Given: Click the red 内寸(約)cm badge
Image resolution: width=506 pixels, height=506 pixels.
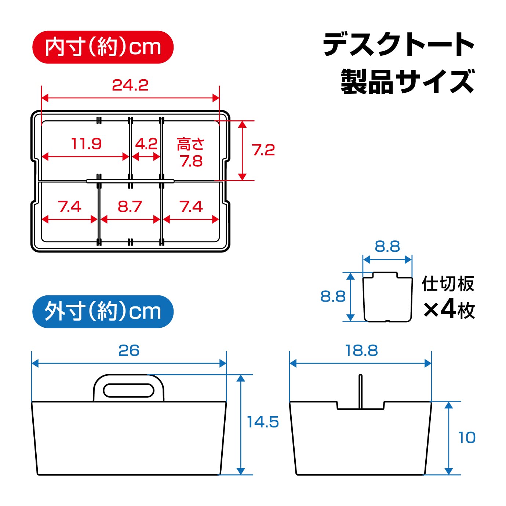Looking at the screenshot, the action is [x=103, y=47].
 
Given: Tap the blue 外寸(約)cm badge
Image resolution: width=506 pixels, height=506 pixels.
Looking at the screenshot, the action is [x=103, y=312].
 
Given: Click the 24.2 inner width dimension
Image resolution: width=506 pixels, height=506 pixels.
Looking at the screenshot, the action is [x=130, y=85].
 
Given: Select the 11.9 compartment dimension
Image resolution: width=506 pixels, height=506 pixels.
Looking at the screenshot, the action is [x=86, y=144].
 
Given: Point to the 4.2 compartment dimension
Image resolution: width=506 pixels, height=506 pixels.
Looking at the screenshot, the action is [x=146, y=144].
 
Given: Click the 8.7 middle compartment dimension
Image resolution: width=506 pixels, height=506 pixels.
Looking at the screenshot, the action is [x=130, y=206].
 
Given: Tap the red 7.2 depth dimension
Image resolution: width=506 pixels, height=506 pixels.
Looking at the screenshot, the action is [x=263, y=150].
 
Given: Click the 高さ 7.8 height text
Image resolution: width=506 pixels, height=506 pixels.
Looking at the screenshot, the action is [x=191, y=153].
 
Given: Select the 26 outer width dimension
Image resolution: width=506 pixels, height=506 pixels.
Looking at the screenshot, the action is [x=129, y=350].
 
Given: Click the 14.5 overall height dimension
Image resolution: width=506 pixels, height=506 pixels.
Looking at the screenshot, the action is [x=263, y=422].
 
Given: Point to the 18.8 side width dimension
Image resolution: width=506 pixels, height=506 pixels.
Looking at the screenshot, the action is [x=361, y=350].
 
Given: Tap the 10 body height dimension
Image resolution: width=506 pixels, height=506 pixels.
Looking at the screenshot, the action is [x=467, y=438].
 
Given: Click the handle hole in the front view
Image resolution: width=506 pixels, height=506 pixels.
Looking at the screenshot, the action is [x=129, y=390].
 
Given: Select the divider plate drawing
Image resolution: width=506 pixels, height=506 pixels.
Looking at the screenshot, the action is [x=387, y=297].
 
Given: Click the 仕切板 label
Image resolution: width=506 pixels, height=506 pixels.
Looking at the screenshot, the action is [x=448, y=284].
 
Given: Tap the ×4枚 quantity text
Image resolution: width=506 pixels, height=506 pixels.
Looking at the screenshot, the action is [x=449, y=310].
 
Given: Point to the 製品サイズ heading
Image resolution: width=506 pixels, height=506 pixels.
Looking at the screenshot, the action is [x=408, y=81].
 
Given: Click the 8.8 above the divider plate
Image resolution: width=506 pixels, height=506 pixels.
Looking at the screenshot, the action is [x=387, y=247].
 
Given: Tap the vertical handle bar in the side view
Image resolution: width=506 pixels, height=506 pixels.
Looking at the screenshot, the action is [x=361, y=392].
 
